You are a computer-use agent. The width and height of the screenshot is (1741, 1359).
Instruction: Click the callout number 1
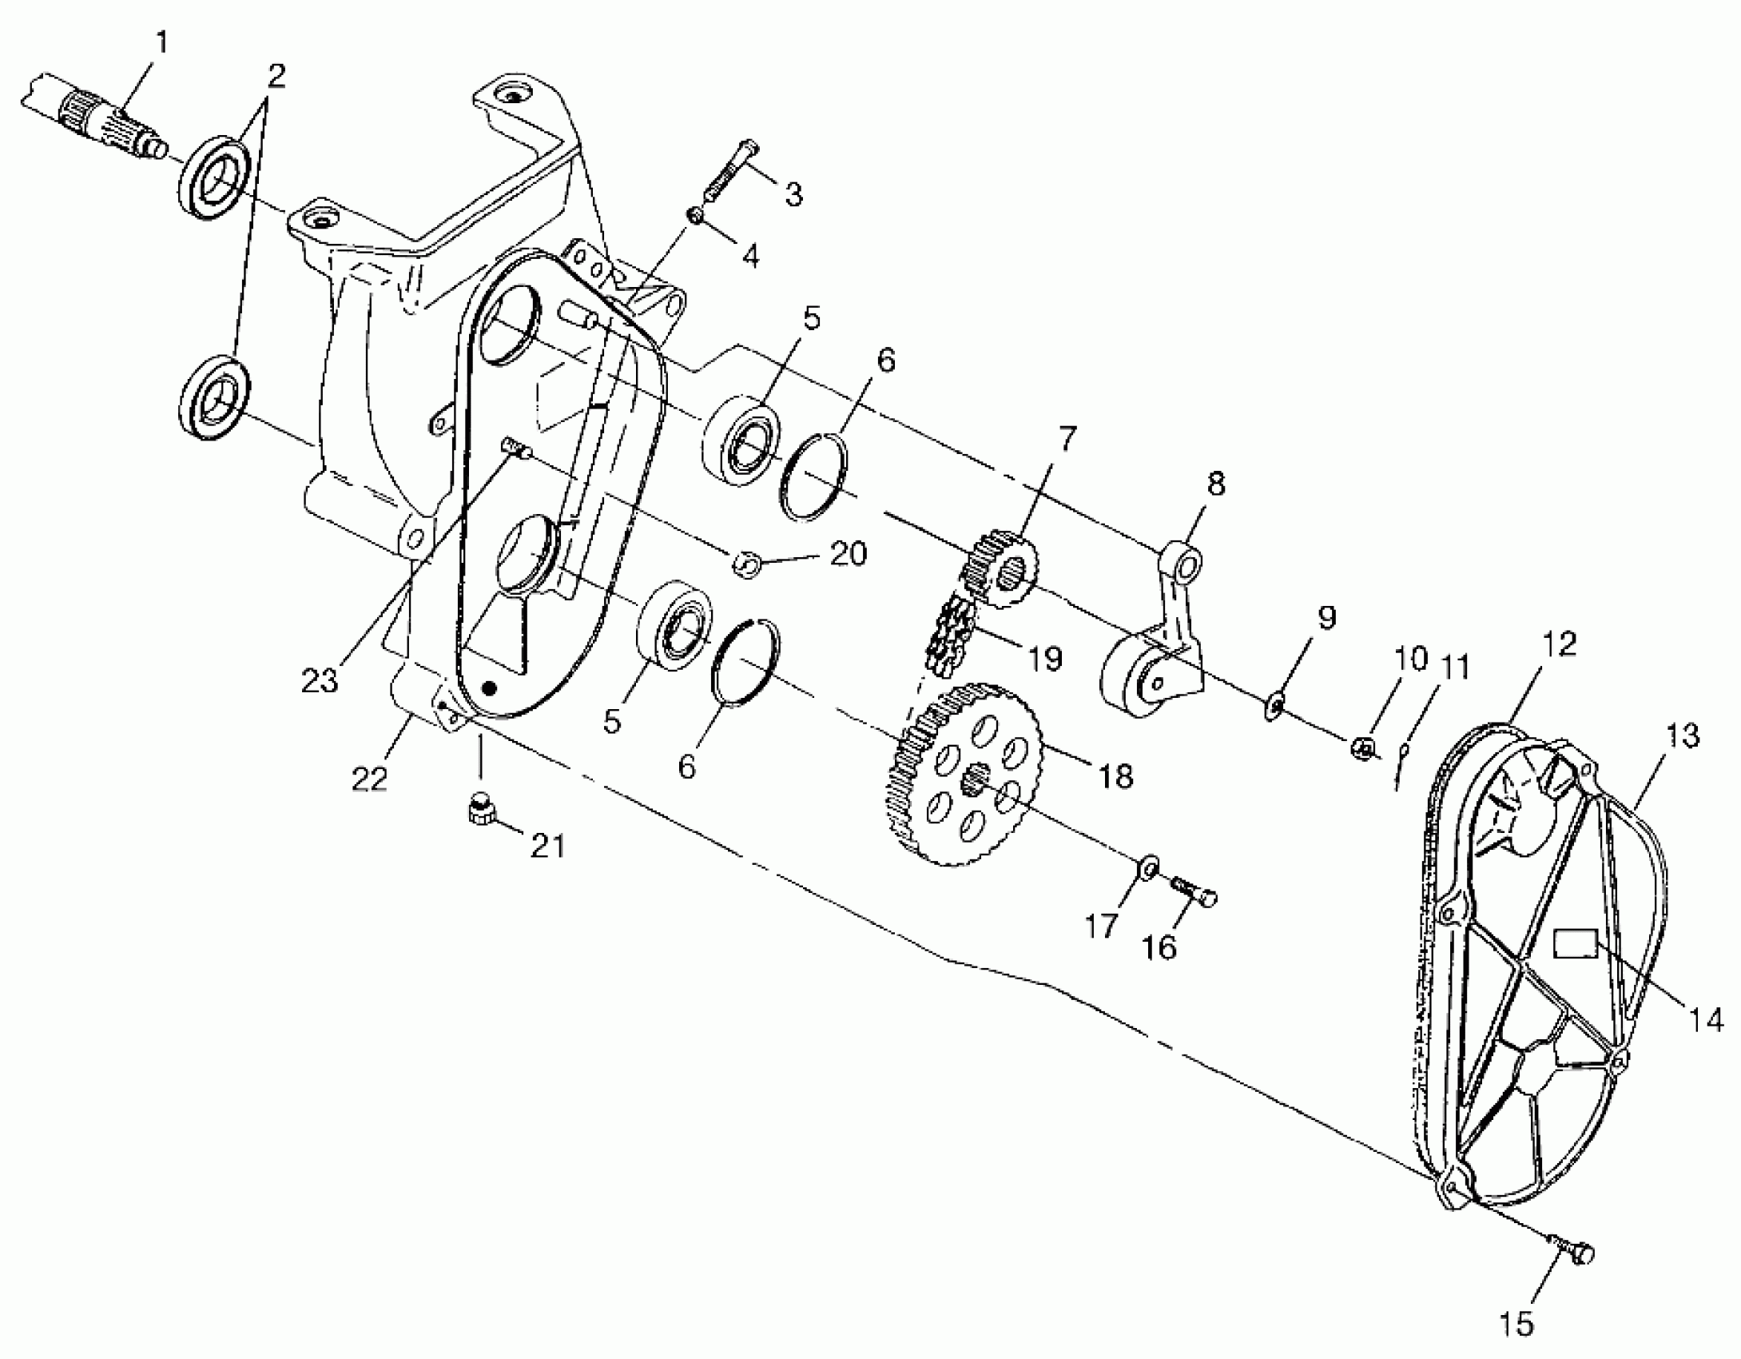coord(161,42)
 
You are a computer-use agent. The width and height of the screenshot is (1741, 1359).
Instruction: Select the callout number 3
coord(792,194)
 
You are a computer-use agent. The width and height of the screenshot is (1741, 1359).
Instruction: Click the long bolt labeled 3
coord(729,173)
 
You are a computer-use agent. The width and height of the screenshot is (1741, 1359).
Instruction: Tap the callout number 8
coord(1214,484)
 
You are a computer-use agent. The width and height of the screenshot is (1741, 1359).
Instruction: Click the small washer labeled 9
coord(1274,705)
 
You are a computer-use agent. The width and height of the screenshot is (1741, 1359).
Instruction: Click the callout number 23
coord(320,681)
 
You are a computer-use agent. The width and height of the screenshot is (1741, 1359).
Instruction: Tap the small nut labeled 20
coord(745,564)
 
